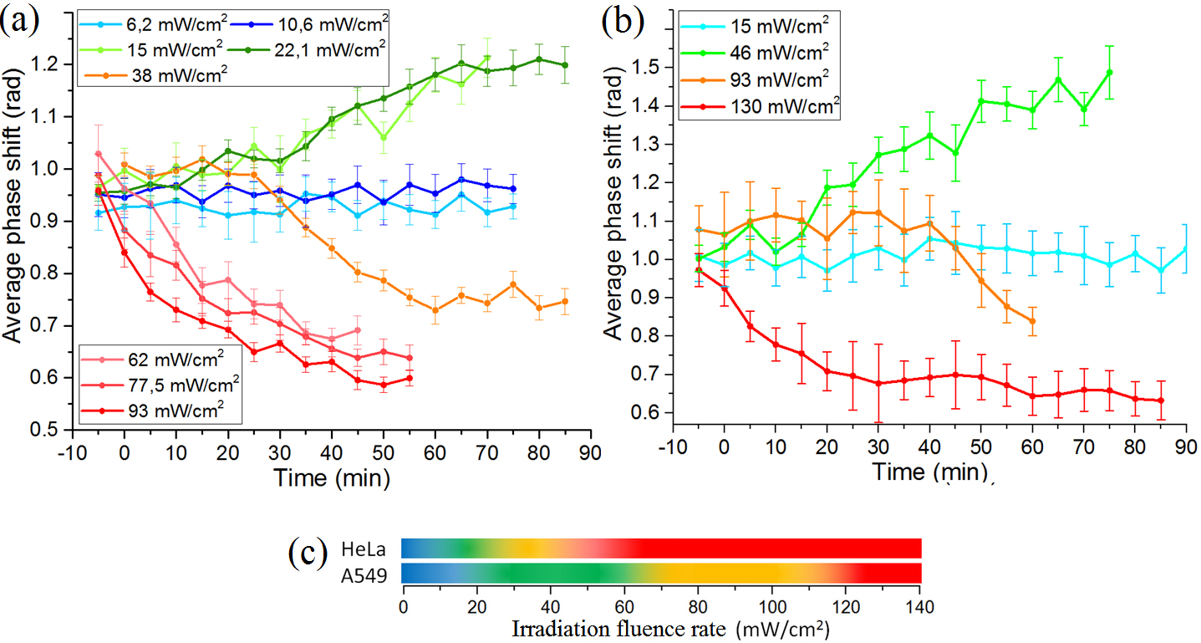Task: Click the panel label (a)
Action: click(18, 18)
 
